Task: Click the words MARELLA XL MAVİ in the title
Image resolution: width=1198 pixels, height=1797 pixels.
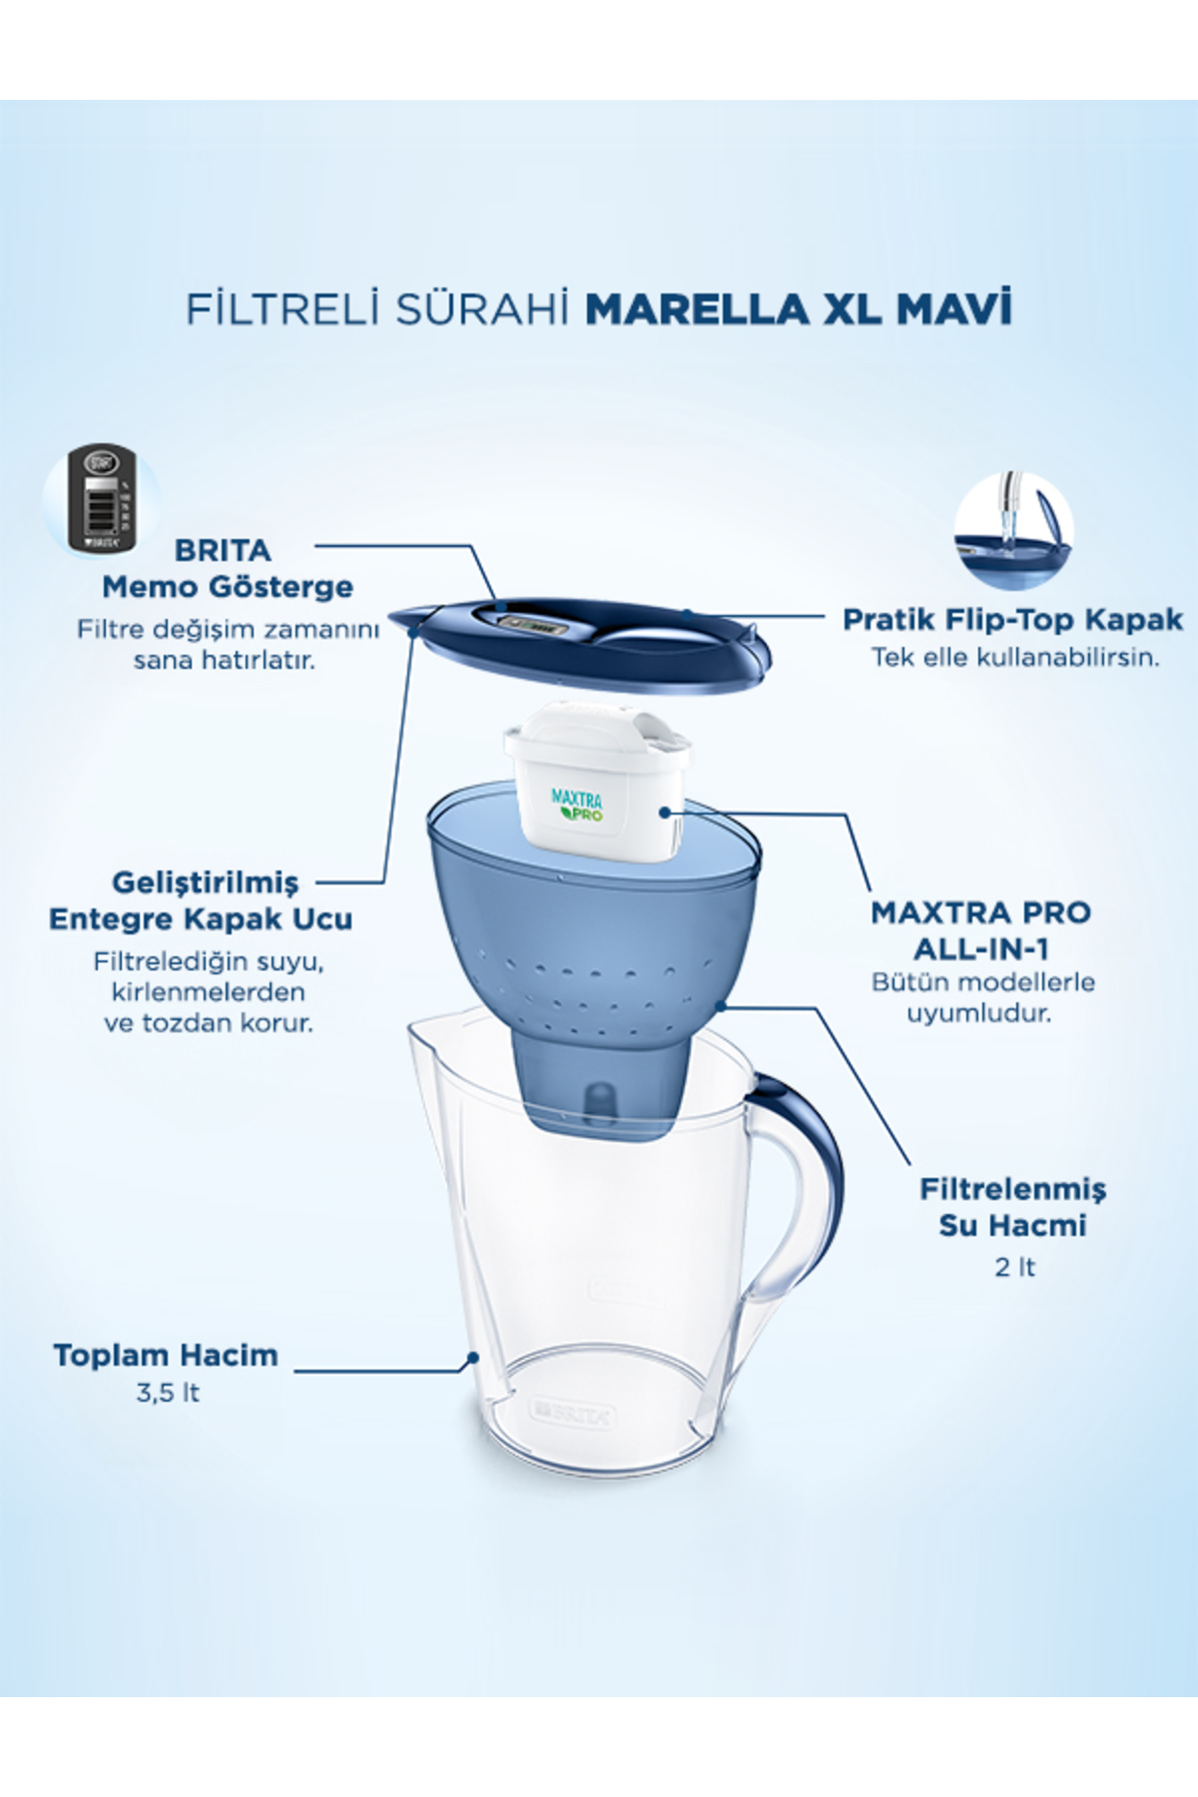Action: (x=798, y=308)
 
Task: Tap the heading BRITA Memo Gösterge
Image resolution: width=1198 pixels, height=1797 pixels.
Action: (x=227, y=568)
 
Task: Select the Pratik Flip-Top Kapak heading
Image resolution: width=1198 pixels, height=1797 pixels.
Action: (x=1012, y=619)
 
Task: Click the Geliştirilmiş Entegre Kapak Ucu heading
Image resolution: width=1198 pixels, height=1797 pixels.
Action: (x=201, y=900)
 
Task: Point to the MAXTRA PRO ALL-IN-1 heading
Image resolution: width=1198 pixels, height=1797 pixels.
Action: (x=980, y=929)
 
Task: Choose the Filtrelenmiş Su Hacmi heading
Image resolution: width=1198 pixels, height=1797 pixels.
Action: (x=1012, y=1207)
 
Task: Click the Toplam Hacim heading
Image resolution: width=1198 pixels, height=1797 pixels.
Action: (x=166, y=1355)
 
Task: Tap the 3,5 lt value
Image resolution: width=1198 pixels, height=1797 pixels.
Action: (x=168, y=1393)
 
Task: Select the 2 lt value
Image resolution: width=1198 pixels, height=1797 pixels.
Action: (x=1014, y=1267)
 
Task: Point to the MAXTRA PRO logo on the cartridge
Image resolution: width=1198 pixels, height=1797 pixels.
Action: (x=577, y=805)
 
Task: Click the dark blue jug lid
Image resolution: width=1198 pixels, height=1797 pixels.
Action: (x=581, y=646)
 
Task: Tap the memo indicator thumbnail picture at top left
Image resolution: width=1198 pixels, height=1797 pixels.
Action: (x=101, y=498)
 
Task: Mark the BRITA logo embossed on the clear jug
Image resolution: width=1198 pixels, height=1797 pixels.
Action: (x=572, y=1414)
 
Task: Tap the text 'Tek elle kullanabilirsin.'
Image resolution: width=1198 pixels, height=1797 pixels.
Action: (x=1015, y=658)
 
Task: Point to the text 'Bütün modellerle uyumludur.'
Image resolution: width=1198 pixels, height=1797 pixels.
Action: (x=982, y=997)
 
